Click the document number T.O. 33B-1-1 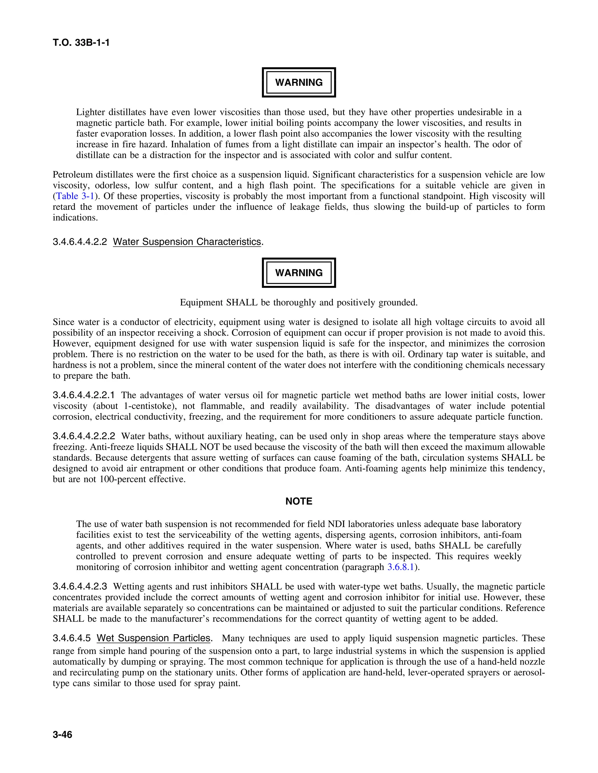[x=81, y=43]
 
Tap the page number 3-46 [x=62, y=735]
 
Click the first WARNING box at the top [x=299, y=83]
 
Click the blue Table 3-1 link [x=75, y=196]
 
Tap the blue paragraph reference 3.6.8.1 [x=401, y=567]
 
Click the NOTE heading [x=299, y=501]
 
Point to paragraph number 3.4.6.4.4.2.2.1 [x=84, y=395]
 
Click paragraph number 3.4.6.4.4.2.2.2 [x=84, y=436]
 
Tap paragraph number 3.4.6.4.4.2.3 [x=80, y=587]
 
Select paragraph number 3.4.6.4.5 [x=72, y=638]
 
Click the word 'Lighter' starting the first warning [x=90, y=113]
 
